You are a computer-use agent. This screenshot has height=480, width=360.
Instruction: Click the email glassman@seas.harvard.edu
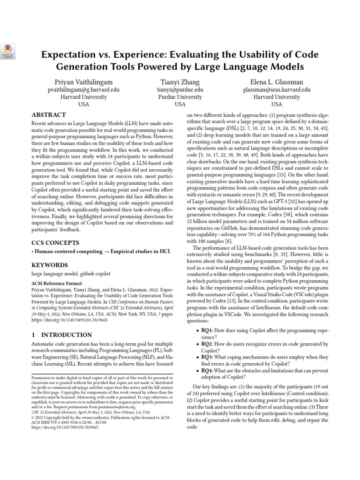[277, 89]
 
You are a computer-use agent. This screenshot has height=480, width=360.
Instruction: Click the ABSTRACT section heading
[49, 115]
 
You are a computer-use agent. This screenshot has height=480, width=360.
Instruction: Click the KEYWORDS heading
[49, 265]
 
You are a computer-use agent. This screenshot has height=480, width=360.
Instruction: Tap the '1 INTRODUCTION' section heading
[61, 335]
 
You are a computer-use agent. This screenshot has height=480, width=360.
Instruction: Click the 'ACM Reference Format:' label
[57, 284]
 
